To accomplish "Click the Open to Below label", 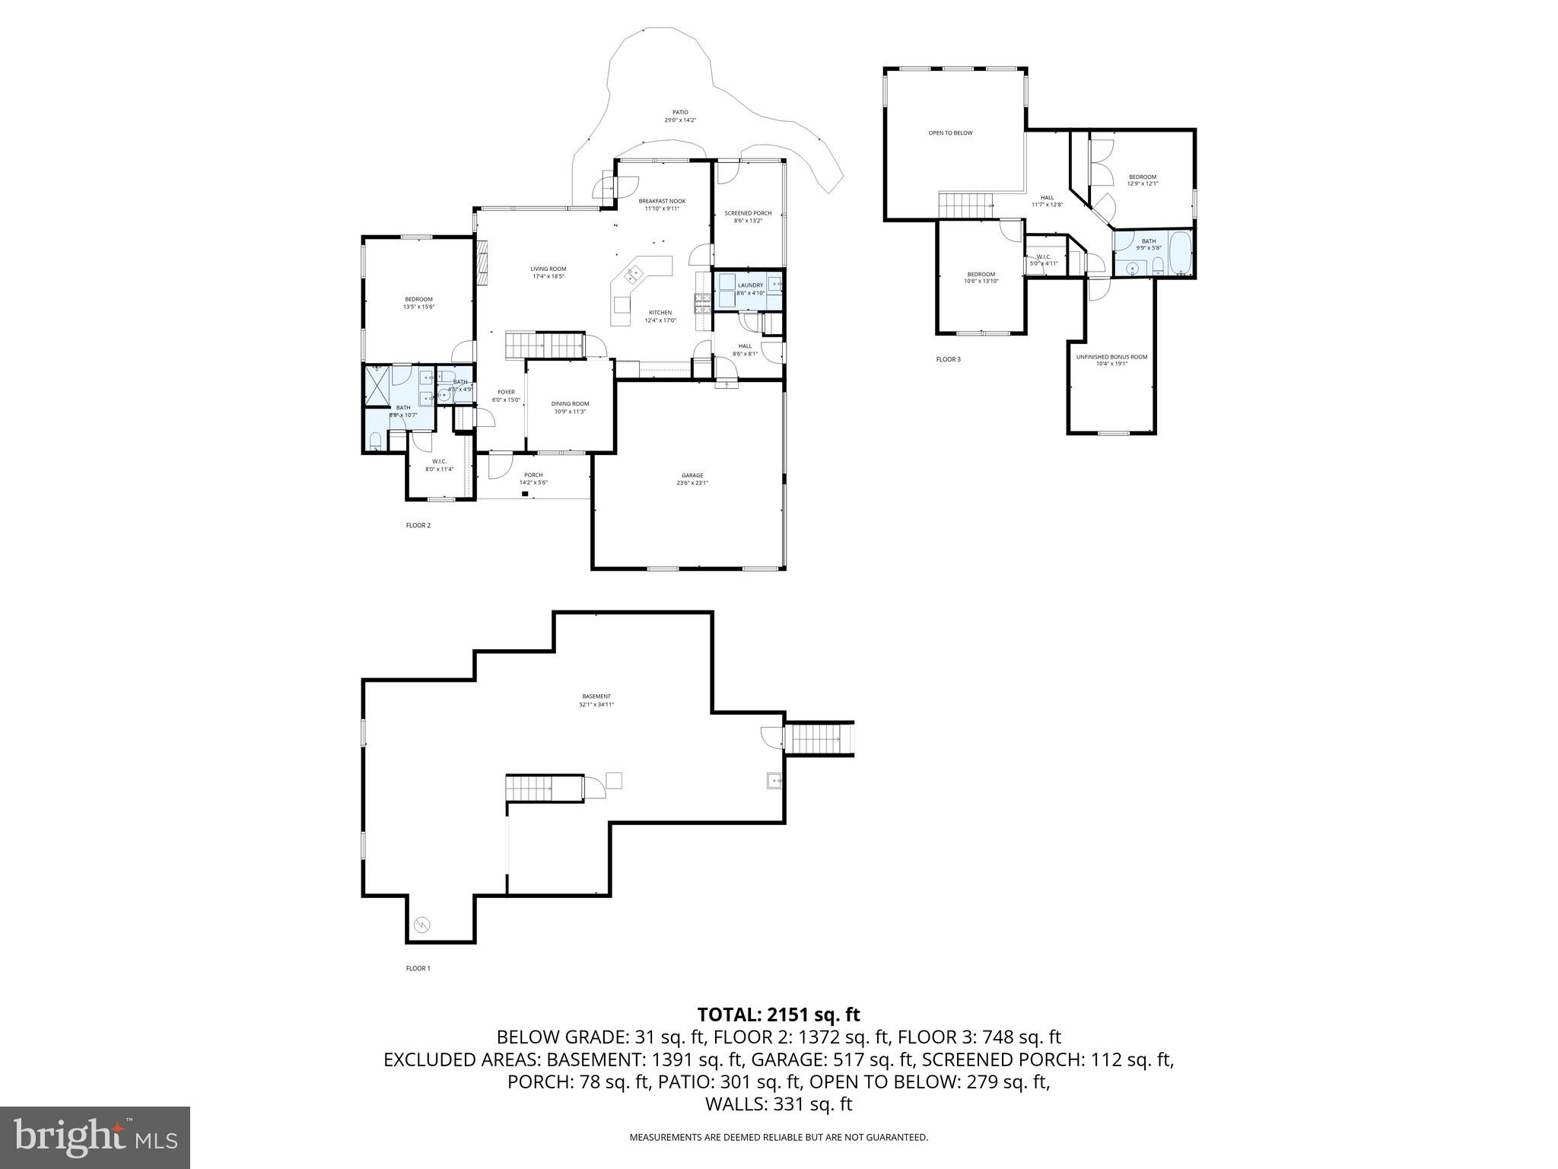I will [x=949, y=133].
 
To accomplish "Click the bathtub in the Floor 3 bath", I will [x=1180, y=254].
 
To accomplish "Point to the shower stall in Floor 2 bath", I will [x=377, y=386].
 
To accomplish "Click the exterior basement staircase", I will [x=819, y=738].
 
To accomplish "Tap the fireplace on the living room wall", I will [x=482, y=263].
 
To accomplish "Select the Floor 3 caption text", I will [x=948, y=359].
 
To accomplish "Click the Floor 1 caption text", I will [x=418, y=968].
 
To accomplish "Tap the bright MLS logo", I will [x=94, y=1137].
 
